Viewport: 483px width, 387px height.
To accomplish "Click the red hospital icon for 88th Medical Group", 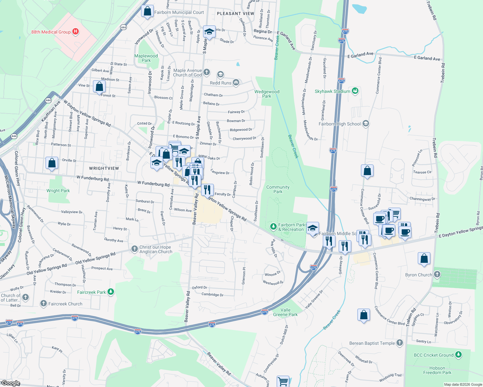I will point(76,32).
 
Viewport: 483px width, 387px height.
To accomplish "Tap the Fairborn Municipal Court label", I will point(179,13).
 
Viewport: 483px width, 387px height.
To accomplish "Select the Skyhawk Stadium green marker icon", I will point(355,91).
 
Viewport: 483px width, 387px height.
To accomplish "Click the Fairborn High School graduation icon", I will point(366,124).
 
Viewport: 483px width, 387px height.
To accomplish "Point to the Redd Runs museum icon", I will point(236,83).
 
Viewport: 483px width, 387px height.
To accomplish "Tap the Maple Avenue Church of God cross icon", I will point(207,72).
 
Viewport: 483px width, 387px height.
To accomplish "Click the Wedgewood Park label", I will point(267,94).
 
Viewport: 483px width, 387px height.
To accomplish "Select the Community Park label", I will point(278,189).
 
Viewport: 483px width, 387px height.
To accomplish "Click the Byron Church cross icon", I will point(437,274).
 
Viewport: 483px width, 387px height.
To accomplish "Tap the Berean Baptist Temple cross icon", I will point(400,343).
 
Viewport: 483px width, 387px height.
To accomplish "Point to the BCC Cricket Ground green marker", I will point(458,355).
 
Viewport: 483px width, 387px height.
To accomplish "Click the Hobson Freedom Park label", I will point(437,370).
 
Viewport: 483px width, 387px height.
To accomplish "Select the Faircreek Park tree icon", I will point(111,292).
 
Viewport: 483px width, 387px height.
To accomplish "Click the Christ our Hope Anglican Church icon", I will point(135,249).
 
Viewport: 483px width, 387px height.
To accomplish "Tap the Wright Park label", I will point(58,191).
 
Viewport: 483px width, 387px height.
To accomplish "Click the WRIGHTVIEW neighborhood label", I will point(104,168).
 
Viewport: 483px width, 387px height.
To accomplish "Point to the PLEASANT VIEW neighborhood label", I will point(235,14).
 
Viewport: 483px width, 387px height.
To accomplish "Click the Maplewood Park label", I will point(146,58).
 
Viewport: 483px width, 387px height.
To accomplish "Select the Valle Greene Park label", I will point(285,312).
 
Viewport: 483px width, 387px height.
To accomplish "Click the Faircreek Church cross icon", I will point(44,303).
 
